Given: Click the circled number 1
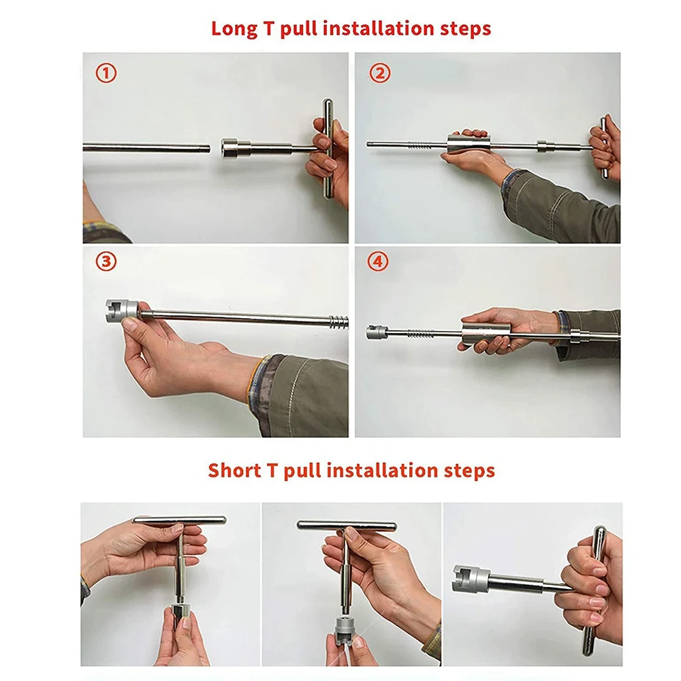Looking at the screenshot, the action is [106, 73].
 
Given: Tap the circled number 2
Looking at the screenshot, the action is [379, 73].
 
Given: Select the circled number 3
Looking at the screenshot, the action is [106, 262].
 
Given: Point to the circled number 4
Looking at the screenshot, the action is [378, 262].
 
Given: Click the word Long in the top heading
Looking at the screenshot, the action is [234, 29].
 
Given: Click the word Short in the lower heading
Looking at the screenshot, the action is [235, 471].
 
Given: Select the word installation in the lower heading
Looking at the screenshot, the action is [382, 471].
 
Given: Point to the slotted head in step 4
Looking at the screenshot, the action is [375, 332].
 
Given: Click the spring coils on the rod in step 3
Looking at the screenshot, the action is [338, 322].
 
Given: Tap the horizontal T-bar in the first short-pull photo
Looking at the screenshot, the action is [179, 520].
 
